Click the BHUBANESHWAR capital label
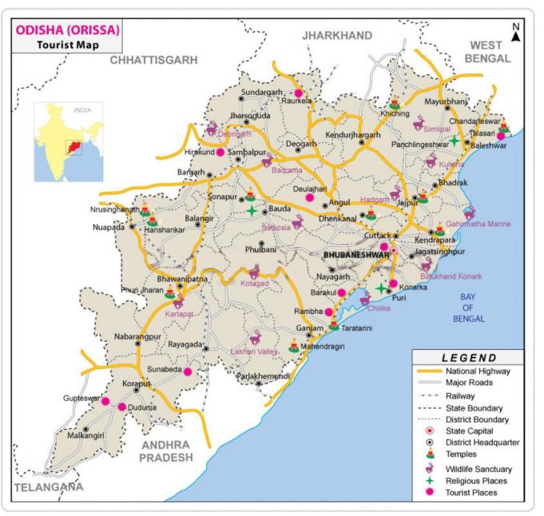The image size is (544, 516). click(x=356, y=255)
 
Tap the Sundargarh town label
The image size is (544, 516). click(x=262, y=93)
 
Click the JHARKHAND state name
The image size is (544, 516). click(x=337, y=35)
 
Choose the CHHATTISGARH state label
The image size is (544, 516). click(x=153, y=60)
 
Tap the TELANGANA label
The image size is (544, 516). click(x=48, y=486)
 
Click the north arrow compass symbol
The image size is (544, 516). click(x=517, y=32)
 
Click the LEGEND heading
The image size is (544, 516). click(x=469, y=358)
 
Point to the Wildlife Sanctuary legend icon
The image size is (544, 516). click(x=431, y=469)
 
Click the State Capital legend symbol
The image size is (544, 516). click(x=431, y=431)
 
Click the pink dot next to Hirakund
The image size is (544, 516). click(x=220, y=152)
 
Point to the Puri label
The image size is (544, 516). click(x=399, y=299)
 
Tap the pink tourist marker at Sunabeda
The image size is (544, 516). click(x=188, y=371)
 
